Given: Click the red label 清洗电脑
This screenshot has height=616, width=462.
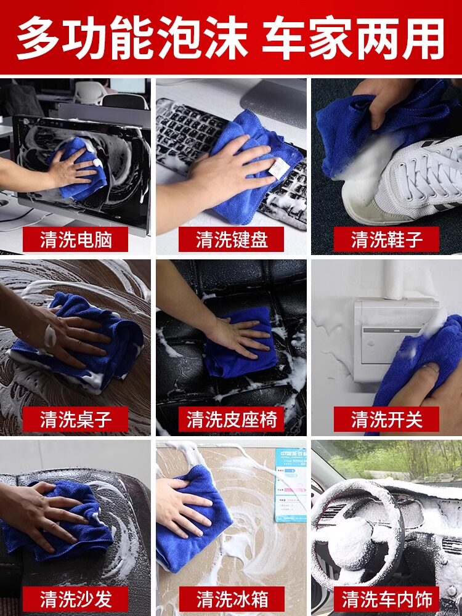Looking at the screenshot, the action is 75,239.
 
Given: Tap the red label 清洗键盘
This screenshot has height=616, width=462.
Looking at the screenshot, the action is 231,239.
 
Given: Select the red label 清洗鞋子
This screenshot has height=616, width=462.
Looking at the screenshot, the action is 386,239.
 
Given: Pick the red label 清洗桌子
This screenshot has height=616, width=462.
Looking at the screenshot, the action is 75,419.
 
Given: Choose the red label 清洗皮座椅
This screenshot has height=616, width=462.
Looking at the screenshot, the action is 231,419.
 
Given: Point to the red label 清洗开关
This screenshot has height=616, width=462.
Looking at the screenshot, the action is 386,419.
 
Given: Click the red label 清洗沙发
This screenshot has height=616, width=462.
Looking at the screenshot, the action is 75,599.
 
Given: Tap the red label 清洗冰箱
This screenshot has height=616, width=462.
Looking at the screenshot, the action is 231,599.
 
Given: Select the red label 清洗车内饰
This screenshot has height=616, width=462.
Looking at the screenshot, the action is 386,599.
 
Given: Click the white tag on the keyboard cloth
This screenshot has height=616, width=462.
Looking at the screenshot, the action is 279,168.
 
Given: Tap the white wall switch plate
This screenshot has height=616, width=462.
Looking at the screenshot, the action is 393,340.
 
